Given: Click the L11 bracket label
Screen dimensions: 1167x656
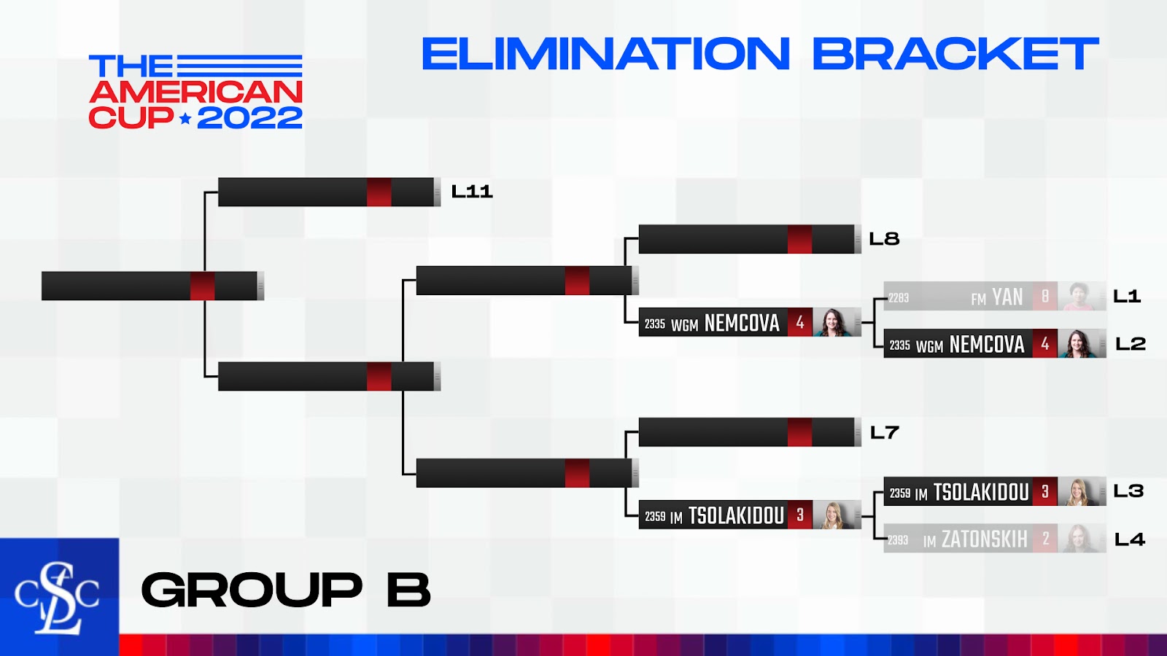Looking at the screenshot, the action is click(x=471, y=192).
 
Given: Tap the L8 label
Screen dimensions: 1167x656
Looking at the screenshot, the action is click(x=884, y=239).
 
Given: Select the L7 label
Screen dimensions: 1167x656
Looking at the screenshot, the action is click(x=885, y=432).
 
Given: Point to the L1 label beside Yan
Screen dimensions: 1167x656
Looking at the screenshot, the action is click(x=1127, y=296).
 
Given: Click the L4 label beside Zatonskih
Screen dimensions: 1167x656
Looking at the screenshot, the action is click(x=1130, y=539).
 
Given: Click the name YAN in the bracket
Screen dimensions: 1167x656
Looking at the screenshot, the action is click(x=1007, y=297).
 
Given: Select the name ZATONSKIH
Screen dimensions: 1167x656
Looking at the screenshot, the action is click(x=985, y=539).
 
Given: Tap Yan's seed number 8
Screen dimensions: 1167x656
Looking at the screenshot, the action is click(x=1045, y=296).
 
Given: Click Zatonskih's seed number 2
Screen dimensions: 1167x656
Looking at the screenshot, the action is click(x=1045, y=539).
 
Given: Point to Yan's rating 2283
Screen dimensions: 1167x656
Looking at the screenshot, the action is click(x=899, y=298).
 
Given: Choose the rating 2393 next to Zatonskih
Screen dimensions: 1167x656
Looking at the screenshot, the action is click(x=898, y=540).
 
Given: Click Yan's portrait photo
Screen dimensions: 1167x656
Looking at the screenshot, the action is click(x=1078, y=296).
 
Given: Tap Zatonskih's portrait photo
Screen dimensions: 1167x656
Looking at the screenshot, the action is click(x=1079, y=539).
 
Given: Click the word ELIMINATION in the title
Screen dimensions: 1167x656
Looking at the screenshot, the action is click(x=606, y=53).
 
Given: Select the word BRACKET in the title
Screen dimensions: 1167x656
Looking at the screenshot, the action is click(x=955, y=53).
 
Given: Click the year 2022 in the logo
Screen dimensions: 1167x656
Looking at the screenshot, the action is click(x=249, y=117).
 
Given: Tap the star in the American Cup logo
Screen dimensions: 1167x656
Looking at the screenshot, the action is click(x=185, y=119).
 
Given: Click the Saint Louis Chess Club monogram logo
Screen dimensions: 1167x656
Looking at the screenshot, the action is click(x=57, y=598).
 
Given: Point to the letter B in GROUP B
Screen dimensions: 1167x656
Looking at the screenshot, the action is click(x=409, y=590).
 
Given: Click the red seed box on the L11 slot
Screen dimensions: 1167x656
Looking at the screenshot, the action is click(x=379, y=192).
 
